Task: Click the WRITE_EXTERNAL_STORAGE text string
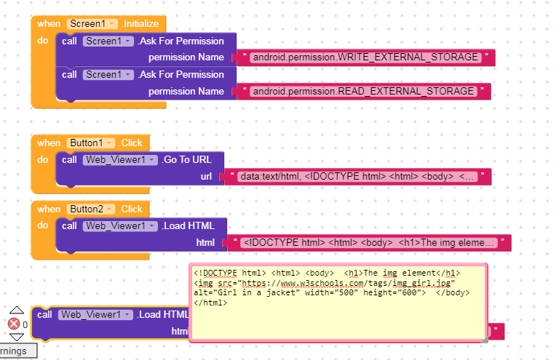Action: click(365, 57)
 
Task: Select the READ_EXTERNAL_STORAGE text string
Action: click(363, 92)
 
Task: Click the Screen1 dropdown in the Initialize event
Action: click(92, 24)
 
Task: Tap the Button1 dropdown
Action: click(90, 143)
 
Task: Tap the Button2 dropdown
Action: click(90, 209)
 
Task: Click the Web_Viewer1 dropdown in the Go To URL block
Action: click(120, 160)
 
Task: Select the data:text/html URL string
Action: click(357, 177)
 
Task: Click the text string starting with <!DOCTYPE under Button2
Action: click(368, 243)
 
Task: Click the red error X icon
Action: click(14, 324)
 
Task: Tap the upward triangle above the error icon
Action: click(17, 310)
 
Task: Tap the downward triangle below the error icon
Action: click(17, 337)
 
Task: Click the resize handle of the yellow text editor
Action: click(484, 340)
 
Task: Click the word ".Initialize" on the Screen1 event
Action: click(140, 24)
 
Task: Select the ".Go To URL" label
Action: click(186, 160)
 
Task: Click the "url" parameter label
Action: click(206, 177)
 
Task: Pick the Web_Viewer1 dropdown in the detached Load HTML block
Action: click(95, 315)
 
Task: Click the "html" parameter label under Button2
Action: click(205, 243)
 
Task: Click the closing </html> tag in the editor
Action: click(210, 303)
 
